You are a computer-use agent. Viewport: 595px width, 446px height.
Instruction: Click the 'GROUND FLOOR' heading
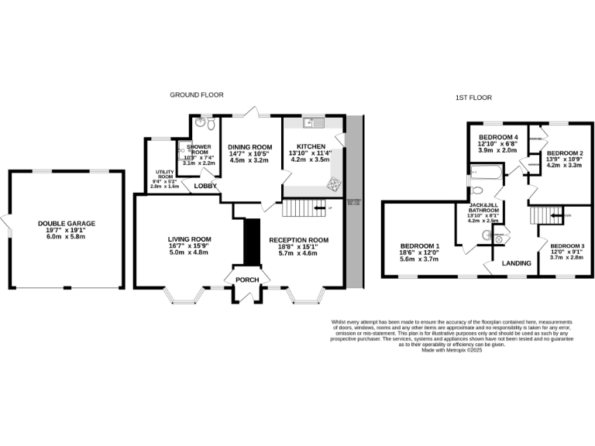(x=196, y=94)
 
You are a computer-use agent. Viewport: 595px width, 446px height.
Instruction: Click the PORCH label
(x=247, y=280)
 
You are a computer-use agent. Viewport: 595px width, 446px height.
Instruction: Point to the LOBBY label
(x=205, y=187)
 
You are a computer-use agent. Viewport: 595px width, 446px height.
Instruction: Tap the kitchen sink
(x=313, y=122)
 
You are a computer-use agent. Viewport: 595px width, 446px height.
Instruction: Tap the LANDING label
(x=516, y=263)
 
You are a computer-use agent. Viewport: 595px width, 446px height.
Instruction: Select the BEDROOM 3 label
(x=567, y=245)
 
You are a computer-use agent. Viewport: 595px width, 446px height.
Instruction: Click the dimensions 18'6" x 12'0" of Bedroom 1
(x=419, y=252)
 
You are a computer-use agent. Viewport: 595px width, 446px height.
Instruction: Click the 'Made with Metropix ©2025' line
(x=452, y=350)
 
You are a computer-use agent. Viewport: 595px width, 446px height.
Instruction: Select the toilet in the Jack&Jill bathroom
(x=487, y=235)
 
